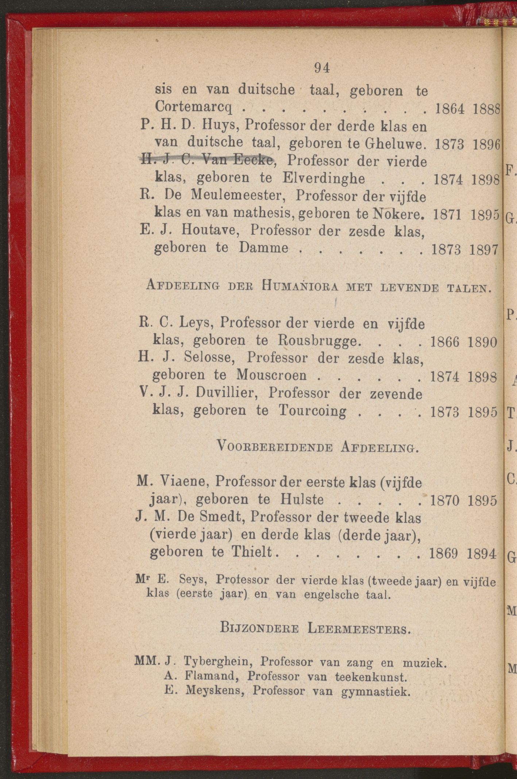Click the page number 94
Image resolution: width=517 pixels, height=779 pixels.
point(321,68)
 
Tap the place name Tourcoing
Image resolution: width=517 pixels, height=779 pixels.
point(312,411)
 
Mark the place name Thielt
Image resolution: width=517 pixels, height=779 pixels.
point(253,553)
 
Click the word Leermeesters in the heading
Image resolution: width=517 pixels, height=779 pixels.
point(359,629)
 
